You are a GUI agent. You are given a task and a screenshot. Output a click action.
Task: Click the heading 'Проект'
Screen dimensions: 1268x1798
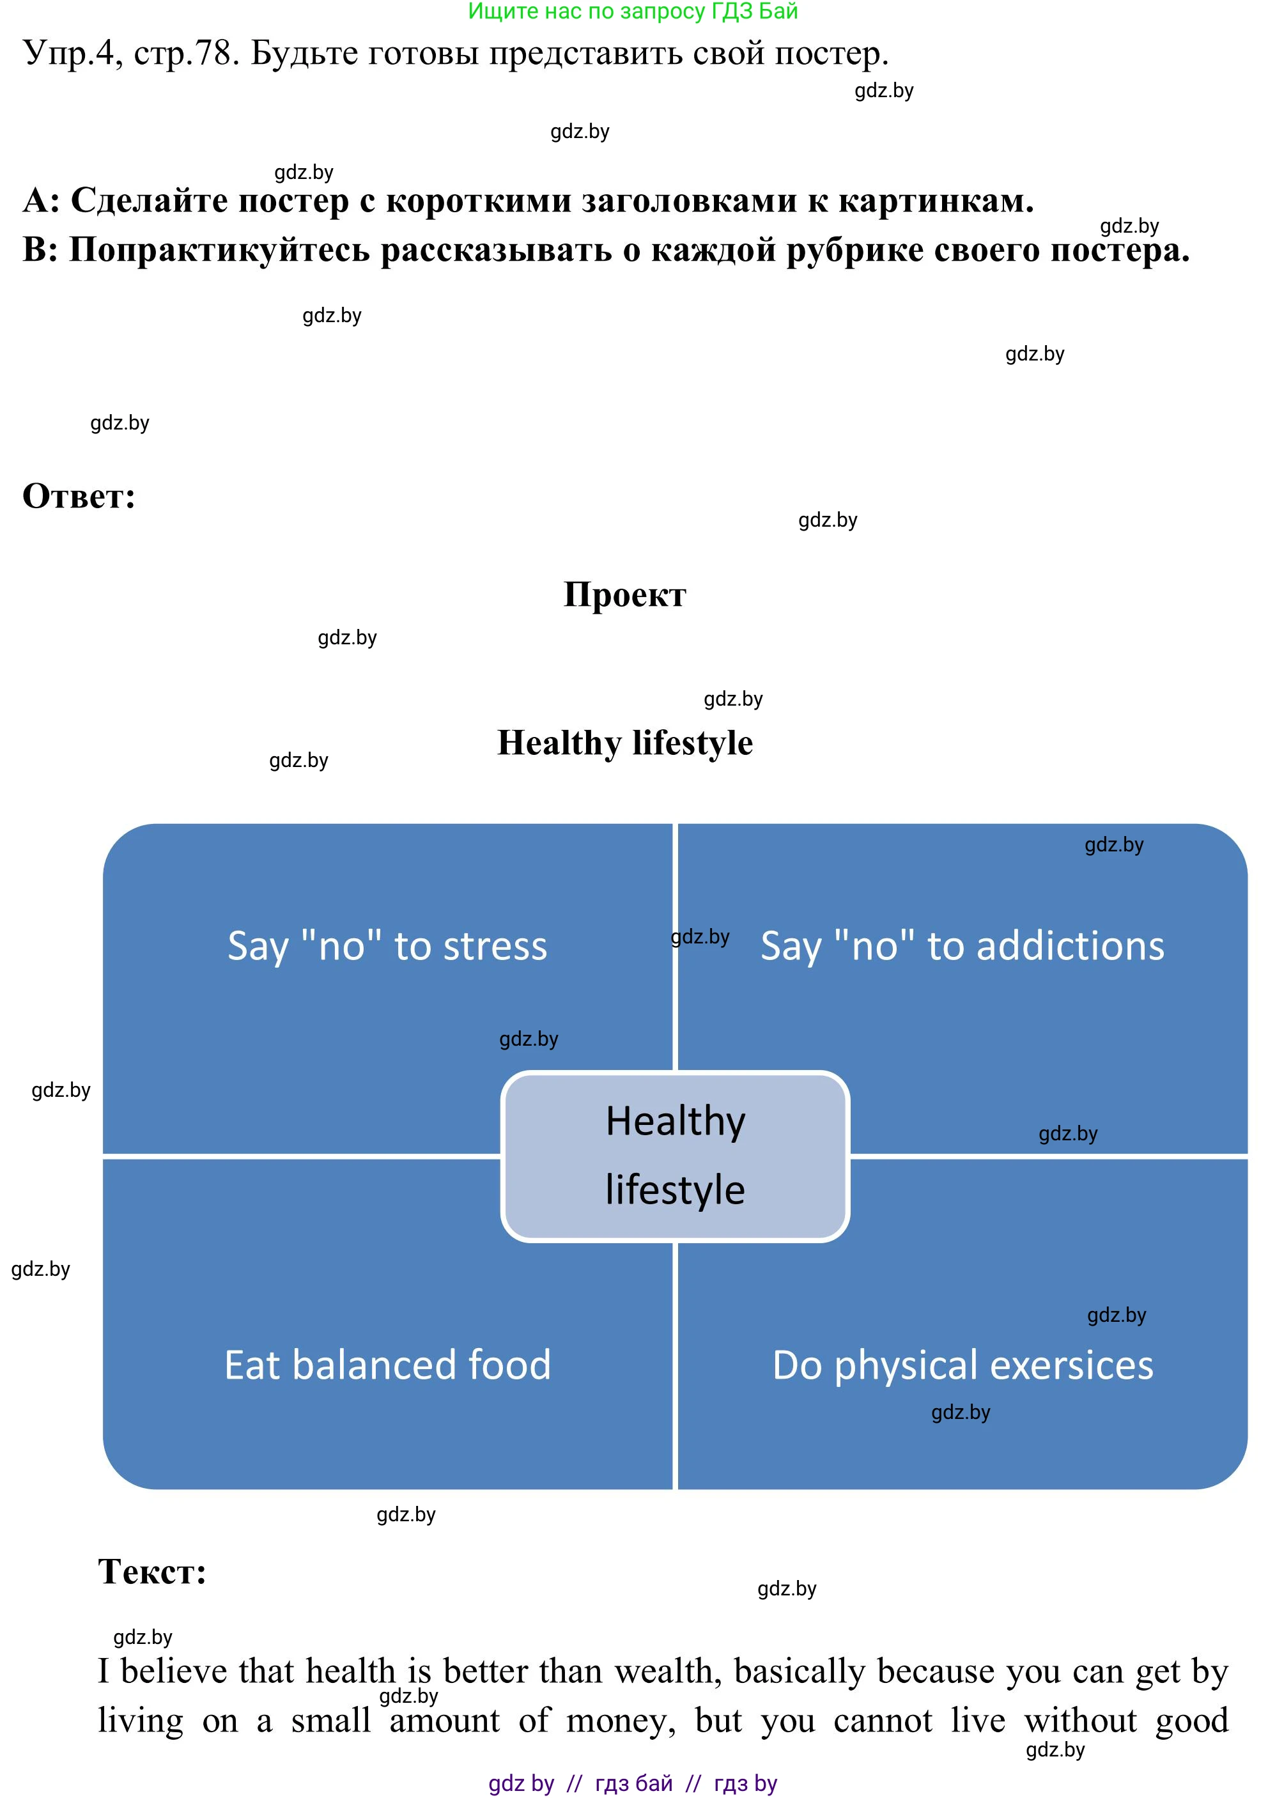point(624,596)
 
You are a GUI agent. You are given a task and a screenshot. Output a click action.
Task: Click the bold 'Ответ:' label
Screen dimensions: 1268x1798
point(79,497)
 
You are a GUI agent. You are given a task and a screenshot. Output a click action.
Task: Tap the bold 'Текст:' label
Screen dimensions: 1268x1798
point(152,1572)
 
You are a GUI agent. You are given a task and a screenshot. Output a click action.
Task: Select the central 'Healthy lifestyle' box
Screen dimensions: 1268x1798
point(675,1156)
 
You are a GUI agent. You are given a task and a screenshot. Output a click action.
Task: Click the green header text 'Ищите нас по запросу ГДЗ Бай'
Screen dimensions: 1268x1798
point(633,12)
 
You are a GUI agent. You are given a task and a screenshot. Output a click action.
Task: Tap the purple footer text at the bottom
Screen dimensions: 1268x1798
point(633,1783)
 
